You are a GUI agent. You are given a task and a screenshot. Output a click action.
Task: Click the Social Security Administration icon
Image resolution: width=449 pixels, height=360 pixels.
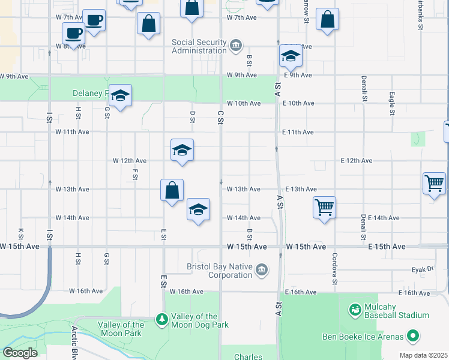point(236,46)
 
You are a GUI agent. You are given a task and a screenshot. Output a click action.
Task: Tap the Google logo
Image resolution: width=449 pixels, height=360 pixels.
point(20,353)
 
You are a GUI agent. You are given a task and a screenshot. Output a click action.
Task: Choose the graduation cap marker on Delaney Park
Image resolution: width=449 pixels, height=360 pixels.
point(120,95)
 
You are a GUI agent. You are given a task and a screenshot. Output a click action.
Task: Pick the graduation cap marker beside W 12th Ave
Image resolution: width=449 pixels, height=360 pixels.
point(182,150)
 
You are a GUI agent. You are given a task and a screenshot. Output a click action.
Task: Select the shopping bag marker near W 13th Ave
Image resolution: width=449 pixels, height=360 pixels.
point(172,190)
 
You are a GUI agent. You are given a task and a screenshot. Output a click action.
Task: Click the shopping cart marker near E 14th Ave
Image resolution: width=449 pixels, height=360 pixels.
point(324,208)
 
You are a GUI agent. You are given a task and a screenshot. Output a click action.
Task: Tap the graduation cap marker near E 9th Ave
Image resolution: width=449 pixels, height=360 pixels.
point(290,56)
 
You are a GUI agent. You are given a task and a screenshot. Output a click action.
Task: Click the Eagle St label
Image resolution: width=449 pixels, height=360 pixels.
point(391,103)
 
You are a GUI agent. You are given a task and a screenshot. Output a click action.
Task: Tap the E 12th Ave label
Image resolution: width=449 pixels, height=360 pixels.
point(357,161)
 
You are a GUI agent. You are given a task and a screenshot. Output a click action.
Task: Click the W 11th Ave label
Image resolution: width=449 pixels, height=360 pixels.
point(72,132)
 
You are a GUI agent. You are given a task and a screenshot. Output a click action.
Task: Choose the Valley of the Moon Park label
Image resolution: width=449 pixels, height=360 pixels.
point(121,329)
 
